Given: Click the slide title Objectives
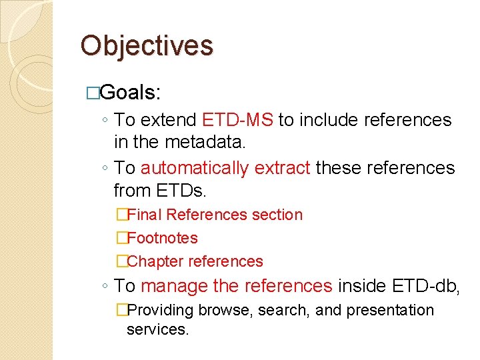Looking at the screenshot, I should [x=147, y=46].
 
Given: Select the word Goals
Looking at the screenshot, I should [x=131, y=92].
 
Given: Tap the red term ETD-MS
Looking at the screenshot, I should [x=237, y=120].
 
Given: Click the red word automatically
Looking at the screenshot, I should [x=195, y=167].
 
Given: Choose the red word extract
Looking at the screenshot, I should [x=282, y=167].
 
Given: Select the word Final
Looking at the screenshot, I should [x=145, y=215].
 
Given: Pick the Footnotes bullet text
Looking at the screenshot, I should [x=162, y=238].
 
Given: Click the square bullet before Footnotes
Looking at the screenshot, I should [x=121, y=238].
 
